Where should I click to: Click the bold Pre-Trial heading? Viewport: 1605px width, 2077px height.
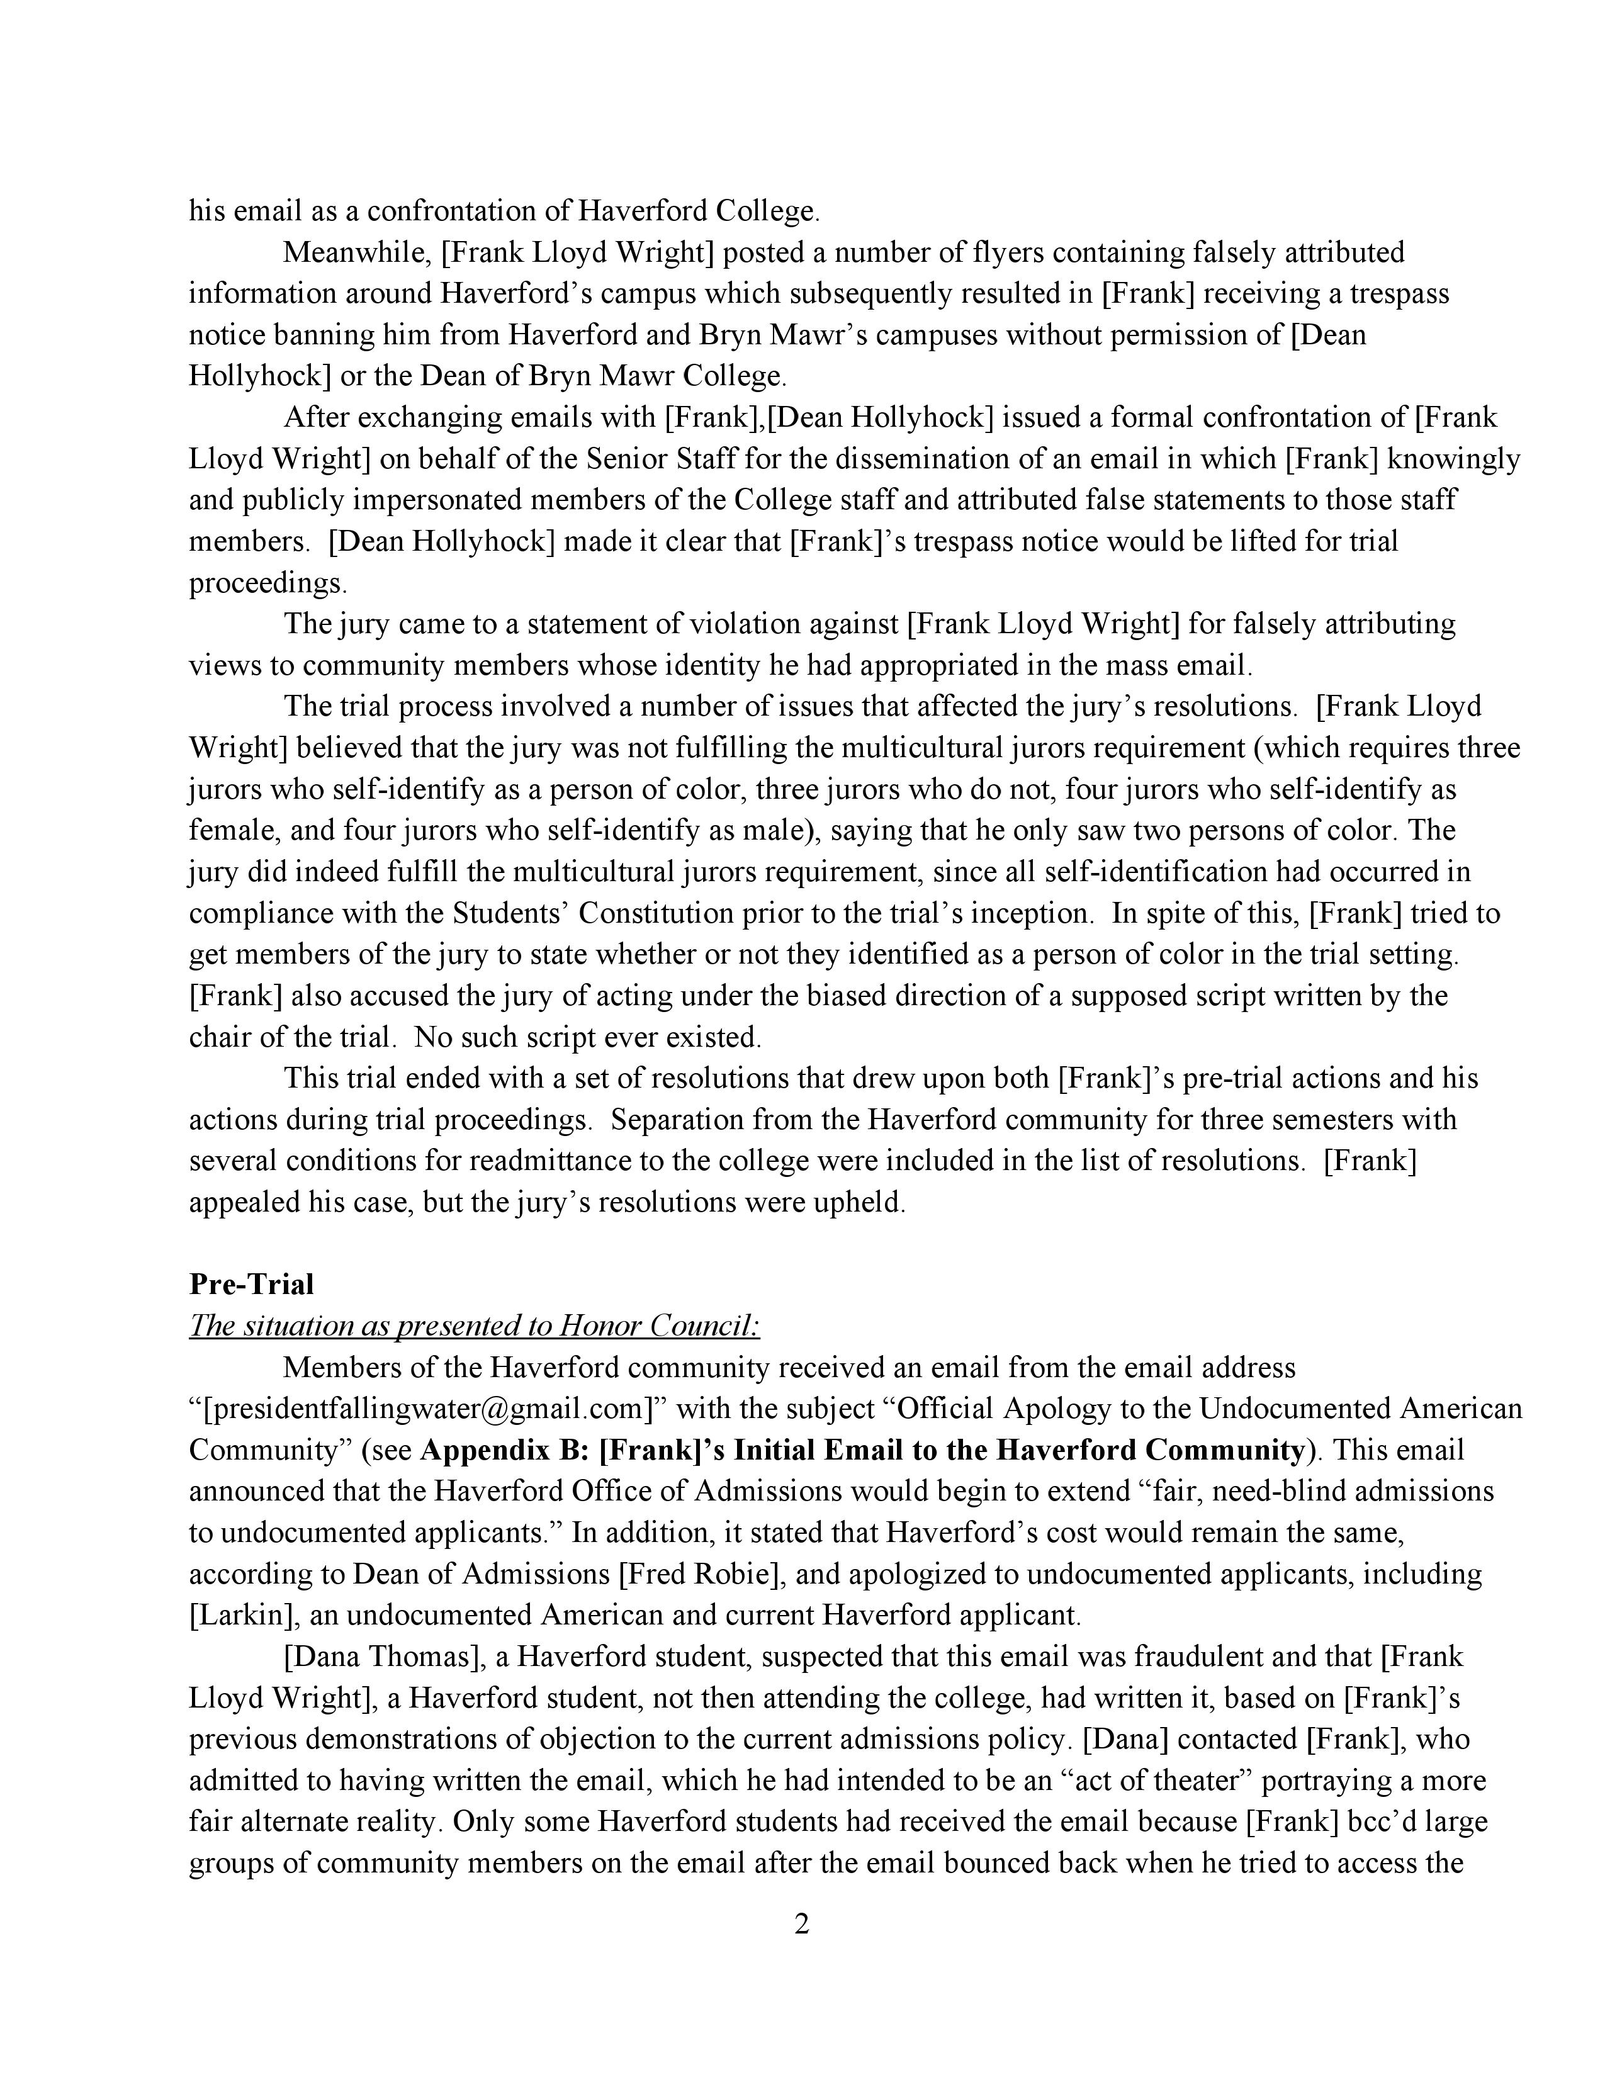click(251, 1285)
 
